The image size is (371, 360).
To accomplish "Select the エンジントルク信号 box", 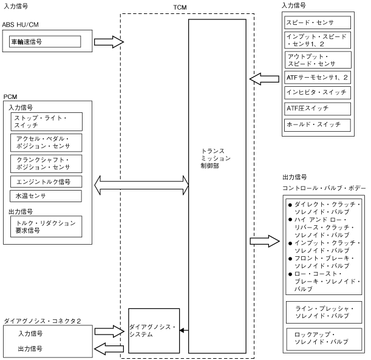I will (46, 182).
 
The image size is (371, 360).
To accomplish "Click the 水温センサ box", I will (46, 196).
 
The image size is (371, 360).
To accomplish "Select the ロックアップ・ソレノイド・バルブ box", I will (317, 338).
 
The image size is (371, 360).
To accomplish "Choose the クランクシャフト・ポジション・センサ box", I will (46, 163).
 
